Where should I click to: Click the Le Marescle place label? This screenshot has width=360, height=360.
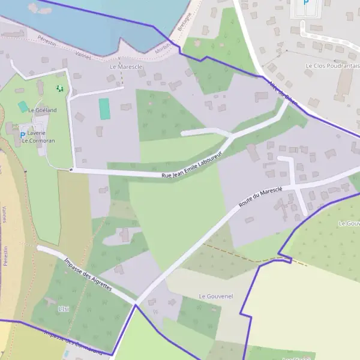[x=126, y=67]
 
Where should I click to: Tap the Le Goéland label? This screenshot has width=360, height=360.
[x=42, y=110]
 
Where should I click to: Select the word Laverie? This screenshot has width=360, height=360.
[x=36, y=133]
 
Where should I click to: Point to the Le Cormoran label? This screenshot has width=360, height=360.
[x=38, y=140]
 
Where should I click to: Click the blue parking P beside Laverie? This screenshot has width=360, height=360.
[x=23, y=136]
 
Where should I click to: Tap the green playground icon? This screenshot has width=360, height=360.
[x=59, y=89]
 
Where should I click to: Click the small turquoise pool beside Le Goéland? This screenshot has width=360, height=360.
[x=23, y=107]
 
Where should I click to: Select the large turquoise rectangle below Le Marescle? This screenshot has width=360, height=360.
[x=105, y=109]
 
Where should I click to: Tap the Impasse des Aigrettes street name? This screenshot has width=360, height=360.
[x=88, y=274]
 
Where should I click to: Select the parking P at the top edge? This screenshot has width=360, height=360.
[x=305, y=4]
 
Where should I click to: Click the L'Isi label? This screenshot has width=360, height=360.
[x=64, y=308]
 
